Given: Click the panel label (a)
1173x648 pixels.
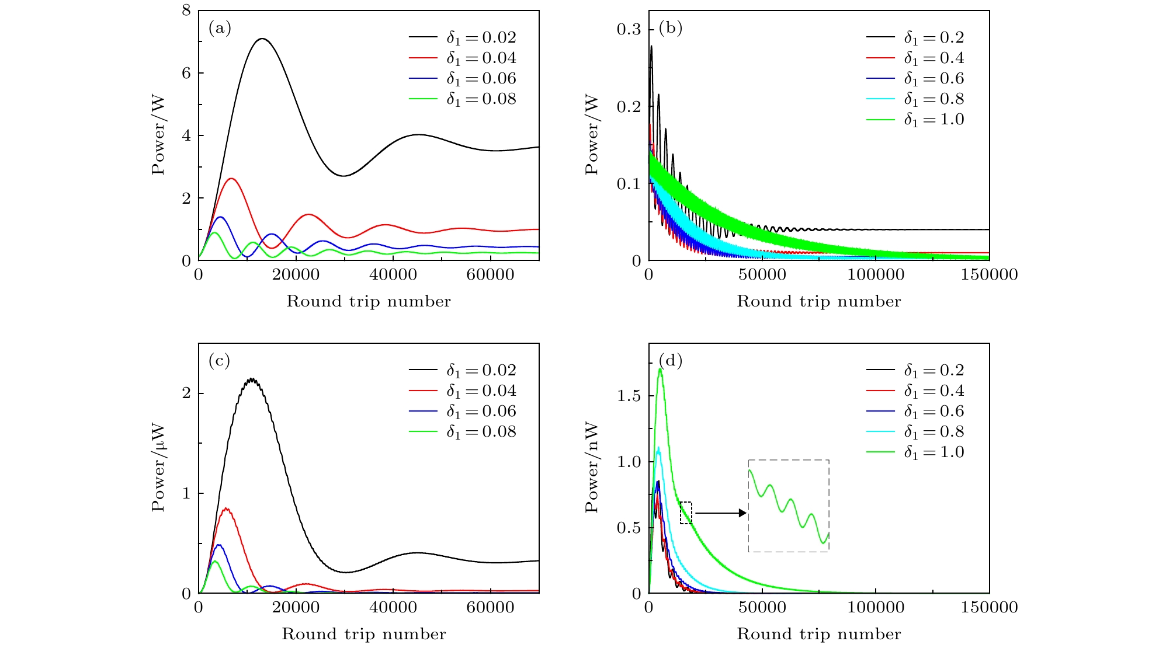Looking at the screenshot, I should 220,28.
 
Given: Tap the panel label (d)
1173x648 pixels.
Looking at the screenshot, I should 671,361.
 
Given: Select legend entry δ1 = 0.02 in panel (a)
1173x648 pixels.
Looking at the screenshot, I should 462,38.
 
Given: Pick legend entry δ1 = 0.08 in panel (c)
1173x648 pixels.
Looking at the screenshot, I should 462,432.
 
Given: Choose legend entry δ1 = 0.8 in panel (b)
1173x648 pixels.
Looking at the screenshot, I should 915,99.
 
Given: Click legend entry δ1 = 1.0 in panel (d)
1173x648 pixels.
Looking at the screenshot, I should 915,452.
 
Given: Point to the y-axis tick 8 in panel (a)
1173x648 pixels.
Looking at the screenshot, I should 186,11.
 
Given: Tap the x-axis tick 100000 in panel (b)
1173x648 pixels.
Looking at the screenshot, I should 876,274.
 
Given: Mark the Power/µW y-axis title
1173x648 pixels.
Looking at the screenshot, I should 158,468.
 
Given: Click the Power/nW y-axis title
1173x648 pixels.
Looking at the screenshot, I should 592,468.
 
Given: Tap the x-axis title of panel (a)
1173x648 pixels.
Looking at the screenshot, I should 369,301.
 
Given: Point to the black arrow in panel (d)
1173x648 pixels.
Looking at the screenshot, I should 721,513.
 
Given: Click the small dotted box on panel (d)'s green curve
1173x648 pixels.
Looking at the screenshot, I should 686,513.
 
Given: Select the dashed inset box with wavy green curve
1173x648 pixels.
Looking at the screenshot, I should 789,506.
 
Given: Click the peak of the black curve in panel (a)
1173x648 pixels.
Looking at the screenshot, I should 262,39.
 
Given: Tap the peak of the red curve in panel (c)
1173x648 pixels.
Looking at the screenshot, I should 226,508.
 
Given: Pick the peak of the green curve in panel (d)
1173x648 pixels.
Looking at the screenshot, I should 660,369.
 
